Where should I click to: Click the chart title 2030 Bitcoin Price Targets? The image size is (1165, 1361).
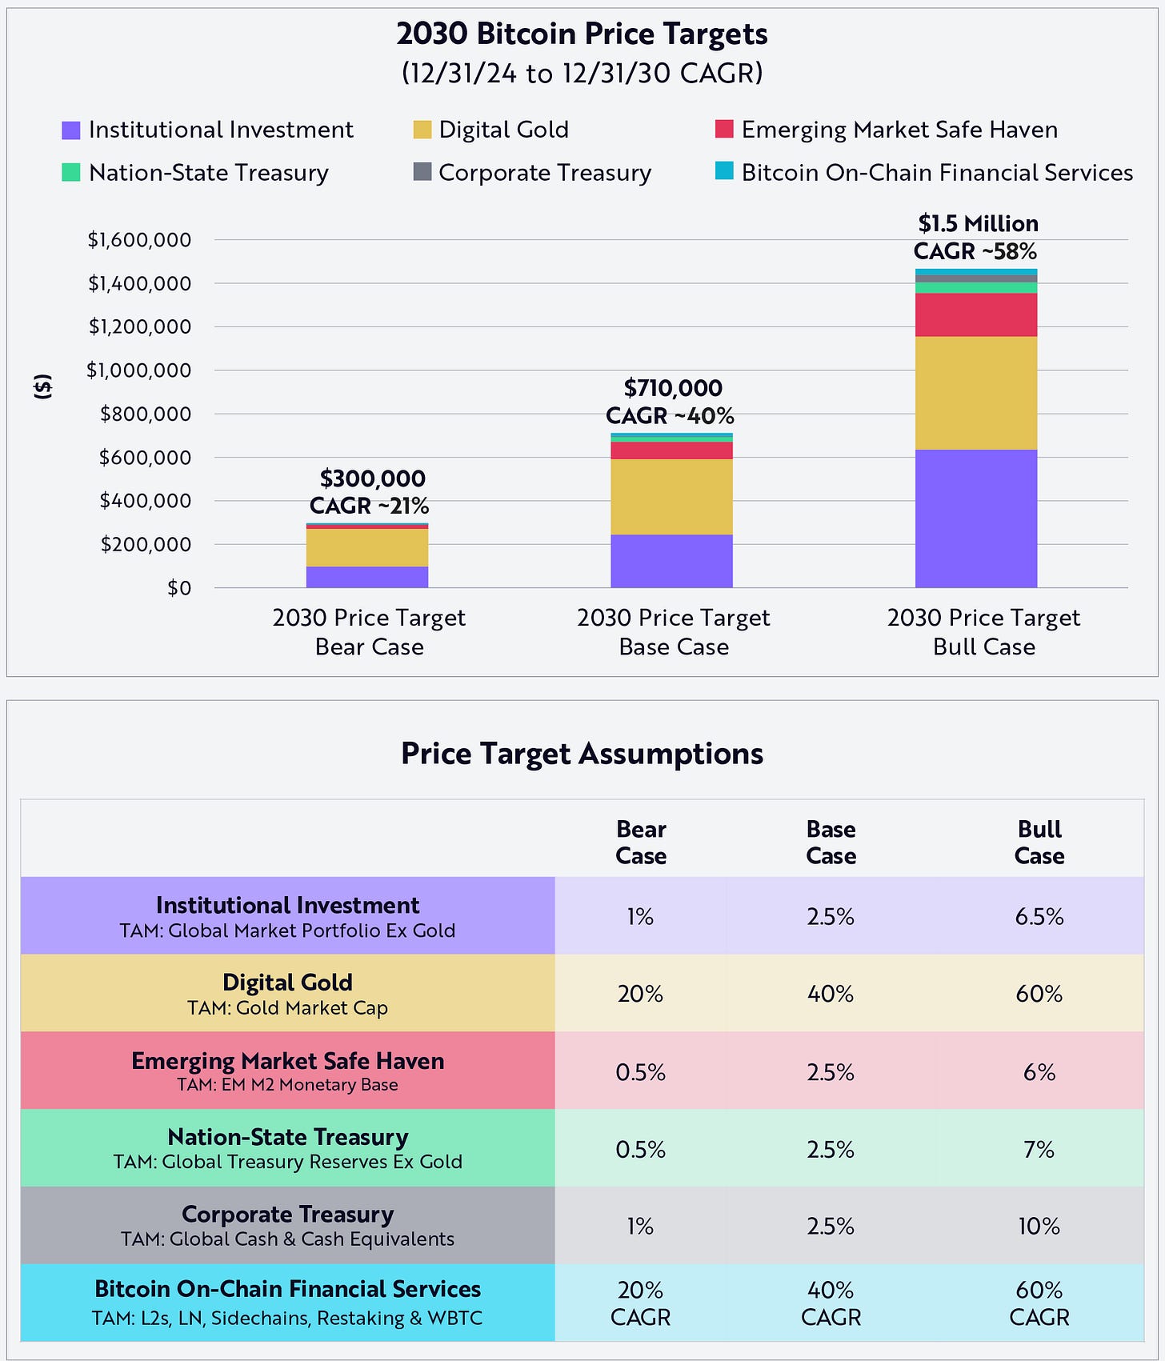point(582,34)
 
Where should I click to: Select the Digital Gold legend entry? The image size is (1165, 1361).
point(502,130)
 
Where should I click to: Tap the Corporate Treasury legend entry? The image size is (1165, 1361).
point(544,173)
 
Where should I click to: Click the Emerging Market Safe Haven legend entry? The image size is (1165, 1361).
point(899,130)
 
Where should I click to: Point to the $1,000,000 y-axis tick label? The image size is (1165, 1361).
point(139,370)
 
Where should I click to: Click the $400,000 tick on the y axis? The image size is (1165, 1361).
point(145,501)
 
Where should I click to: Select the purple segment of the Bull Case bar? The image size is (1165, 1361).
point(976,518)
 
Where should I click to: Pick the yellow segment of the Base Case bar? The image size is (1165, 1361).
point(671,496)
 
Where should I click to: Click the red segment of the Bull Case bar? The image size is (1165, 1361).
point(976,314)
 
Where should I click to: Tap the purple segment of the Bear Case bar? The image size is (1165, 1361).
point(367,577)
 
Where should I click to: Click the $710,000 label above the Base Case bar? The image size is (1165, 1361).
point(673,388)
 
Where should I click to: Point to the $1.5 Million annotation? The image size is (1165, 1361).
point(978,224)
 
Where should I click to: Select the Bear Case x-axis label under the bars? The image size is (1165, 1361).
point(369,632)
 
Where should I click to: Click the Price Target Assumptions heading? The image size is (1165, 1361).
point(582,754)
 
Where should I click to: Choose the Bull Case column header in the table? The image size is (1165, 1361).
point(1039,843)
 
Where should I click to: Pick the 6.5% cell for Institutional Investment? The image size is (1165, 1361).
point(1039,916)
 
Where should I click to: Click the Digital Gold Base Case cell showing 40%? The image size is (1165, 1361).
point(831,994)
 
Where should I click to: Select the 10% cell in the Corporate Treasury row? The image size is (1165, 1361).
point(1039,1227)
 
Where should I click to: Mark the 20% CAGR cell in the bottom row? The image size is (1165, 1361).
point(640,1303)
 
